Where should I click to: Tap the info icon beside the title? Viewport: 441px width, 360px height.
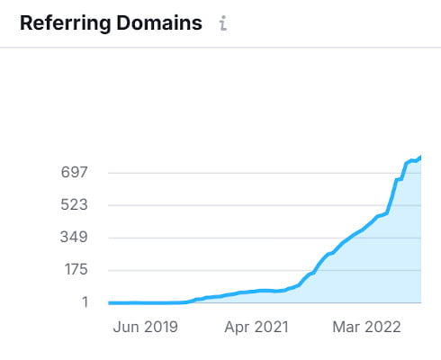[223, 24]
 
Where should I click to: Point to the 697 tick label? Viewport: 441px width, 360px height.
[73, 172]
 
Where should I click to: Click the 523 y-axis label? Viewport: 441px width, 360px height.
[73, 204]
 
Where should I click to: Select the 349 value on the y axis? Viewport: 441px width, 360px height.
[73, 238]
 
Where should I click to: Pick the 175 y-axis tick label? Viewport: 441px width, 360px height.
[73, 270]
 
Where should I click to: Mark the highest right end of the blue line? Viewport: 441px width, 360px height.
[420, 157]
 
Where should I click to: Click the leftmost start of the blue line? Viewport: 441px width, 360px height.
[109, 302]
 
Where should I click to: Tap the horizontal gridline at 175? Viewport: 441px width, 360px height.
[225, 270]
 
